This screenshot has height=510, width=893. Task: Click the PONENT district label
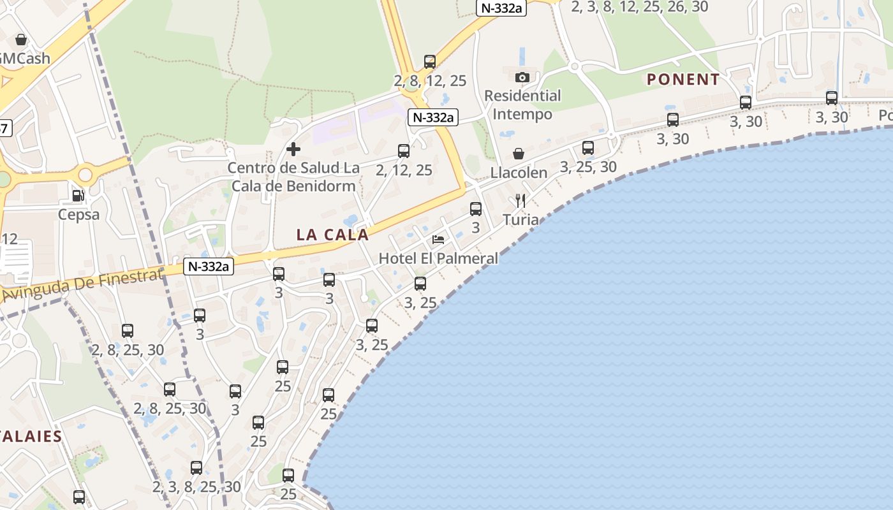(683, 80)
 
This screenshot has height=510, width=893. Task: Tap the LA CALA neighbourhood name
(332, 235)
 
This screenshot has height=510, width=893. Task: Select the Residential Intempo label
(522, 105)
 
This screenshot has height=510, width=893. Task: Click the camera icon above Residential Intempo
(522, 78)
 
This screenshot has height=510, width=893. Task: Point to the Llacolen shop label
(519, 173)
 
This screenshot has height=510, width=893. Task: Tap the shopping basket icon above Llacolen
(519, 154)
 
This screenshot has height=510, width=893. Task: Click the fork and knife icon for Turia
(520, 201)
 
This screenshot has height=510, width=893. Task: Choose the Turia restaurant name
(520, 220)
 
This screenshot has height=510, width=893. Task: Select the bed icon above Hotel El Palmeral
(438, 240)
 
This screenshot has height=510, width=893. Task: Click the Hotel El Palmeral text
(438, 258)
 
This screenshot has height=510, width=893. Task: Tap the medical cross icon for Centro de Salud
(293, 149)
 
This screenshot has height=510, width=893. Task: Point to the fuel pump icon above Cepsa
(78, 195)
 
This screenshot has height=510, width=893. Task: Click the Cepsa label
(78, 214)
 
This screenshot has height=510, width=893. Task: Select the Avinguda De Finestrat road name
(83, 285)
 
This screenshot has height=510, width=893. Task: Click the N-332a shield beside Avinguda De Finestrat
(209, 266)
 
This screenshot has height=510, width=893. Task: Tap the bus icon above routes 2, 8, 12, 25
(430, 62)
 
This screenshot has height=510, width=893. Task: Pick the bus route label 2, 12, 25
(404, 170)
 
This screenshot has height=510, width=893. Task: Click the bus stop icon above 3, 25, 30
(588, 148)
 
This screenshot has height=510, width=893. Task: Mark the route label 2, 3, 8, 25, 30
(196, 487)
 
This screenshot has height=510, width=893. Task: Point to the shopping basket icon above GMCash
(21, 40)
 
